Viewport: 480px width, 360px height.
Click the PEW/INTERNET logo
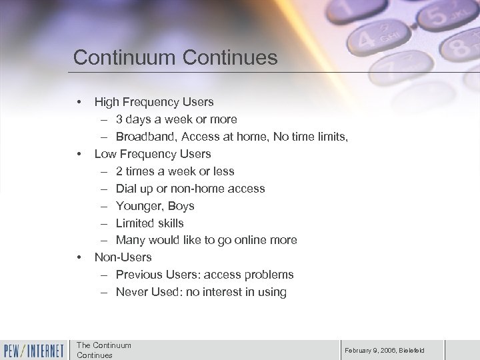34,350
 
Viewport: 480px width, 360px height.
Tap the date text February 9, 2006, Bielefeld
385,350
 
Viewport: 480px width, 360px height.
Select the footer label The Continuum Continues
104,349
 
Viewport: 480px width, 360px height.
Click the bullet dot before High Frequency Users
79,102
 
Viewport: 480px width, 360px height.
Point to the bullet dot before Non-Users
79,257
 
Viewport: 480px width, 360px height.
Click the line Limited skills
149,223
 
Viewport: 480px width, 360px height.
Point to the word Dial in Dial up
127,189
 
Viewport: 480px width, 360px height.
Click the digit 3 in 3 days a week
119,119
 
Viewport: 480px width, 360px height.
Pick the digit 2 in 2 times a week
119,171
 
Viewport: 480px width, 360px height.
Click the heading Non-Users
123,257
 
